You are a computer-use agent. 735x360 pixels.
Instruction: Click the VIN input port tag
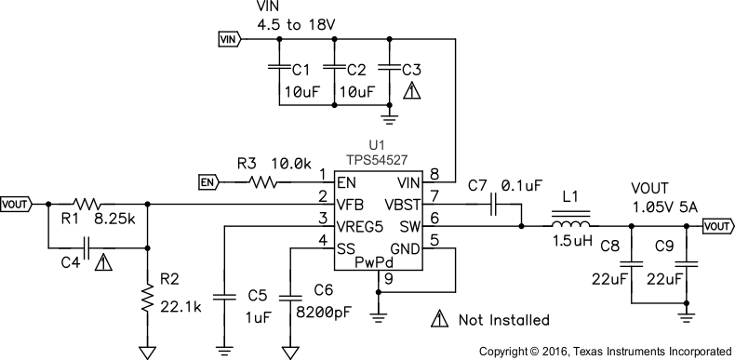click(228, 39)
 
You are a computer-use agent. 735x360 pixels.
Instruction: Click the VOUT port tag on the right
click(716, 225)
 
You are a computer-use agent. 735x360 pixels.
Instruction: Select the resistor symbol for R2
click(147, 299)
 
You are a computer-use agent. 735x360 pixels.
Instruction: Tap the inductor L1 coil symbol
click(569, 225)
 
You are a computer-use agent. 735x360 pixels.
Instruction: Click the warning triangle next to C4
click(104, 262)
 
